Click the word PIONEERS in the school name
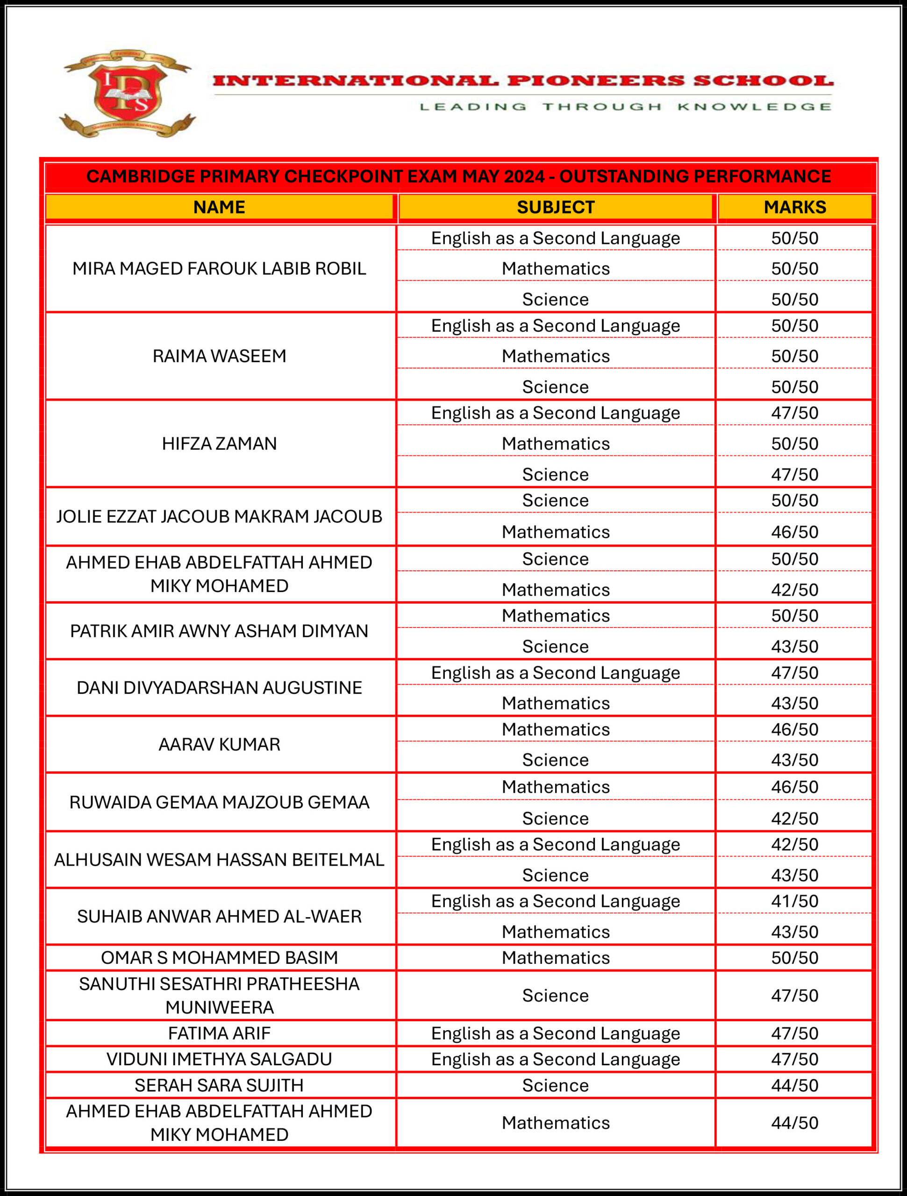tap(596, 81)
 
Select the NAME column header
tap(219, 207)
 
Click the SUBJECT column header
tap(556, 207)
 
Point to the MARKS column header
tap(794, 207)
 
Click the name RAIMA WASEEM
tap(219, 356)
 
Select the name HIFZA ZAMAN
tap(219, 443)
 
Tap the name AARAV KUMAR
tap(219, 745)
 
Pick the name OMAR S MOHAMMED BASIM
tap(219, 958)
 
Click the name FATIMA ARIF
tap(219, 1033)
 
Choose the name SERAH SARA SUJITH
tap(219, 1085)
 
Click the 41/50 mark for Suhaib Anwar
tap(794, 901)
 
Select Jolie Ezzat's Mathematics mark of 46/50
tap(794, 532)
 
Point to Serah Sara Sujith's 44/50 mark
tap(794, 1085)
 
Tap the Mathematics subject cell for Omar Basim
tap(556, 958)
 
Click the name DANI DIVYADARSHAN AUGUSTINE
tap(219, 688)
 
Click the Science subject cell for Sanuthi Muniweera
tap(556, 996)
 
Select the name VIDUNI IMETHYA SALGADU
tap(219, 1059)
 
